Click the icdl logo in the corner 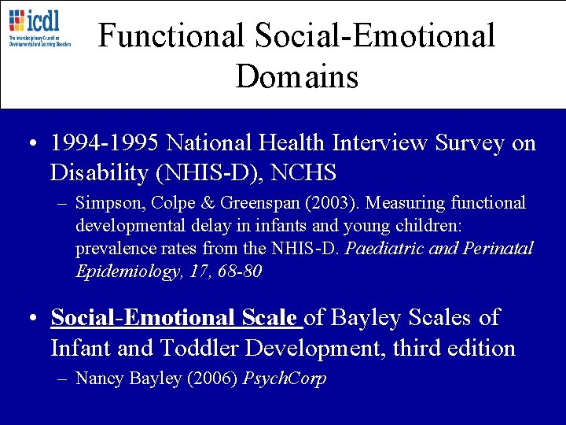click(x=39, y=28)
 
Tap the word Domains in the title click(x=296, y=76)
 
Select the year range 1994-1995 click(x=103, y=143)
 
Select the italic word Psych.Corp click(x=285, y=379)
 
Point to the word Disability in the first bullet click(x=100, y=171)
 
